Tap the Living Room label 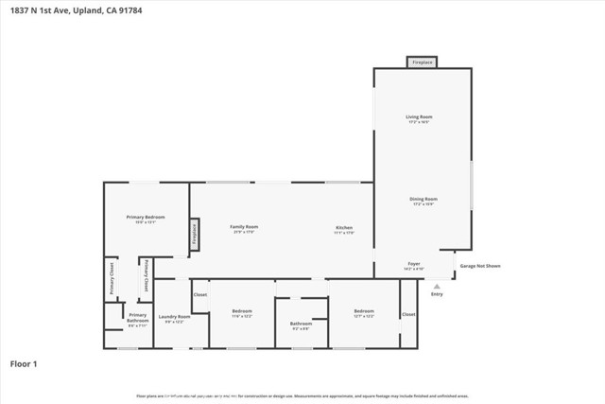pos(418,118)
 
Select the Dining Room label pos(423,200)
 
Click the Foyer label pos(414,265)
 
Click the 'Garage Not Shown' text pos(480,266)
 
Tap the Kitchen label pos(344,228)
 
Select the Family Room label pos(245,228)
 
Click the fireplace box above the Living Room pos(422,62)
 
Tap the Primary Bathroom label pos(138,318)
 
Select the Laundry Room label pos(174,318)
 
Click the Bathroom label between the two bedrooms pos(301,325)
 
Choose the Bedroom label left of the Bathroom pos(243,312)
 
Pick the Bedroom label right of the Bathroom pos(364,312)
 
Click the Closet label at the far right pos(408,314)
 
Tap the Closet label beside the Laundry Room pos(199,295)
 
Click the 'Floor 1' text pos(24,362)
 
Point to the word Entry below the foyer pos(436,295)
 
